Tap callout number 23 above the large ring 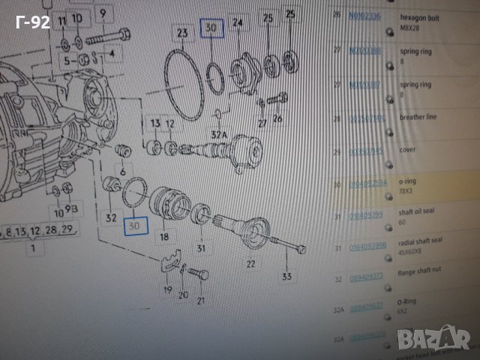182,33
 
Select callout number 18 163,235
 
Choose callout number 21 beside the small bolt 200,301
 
